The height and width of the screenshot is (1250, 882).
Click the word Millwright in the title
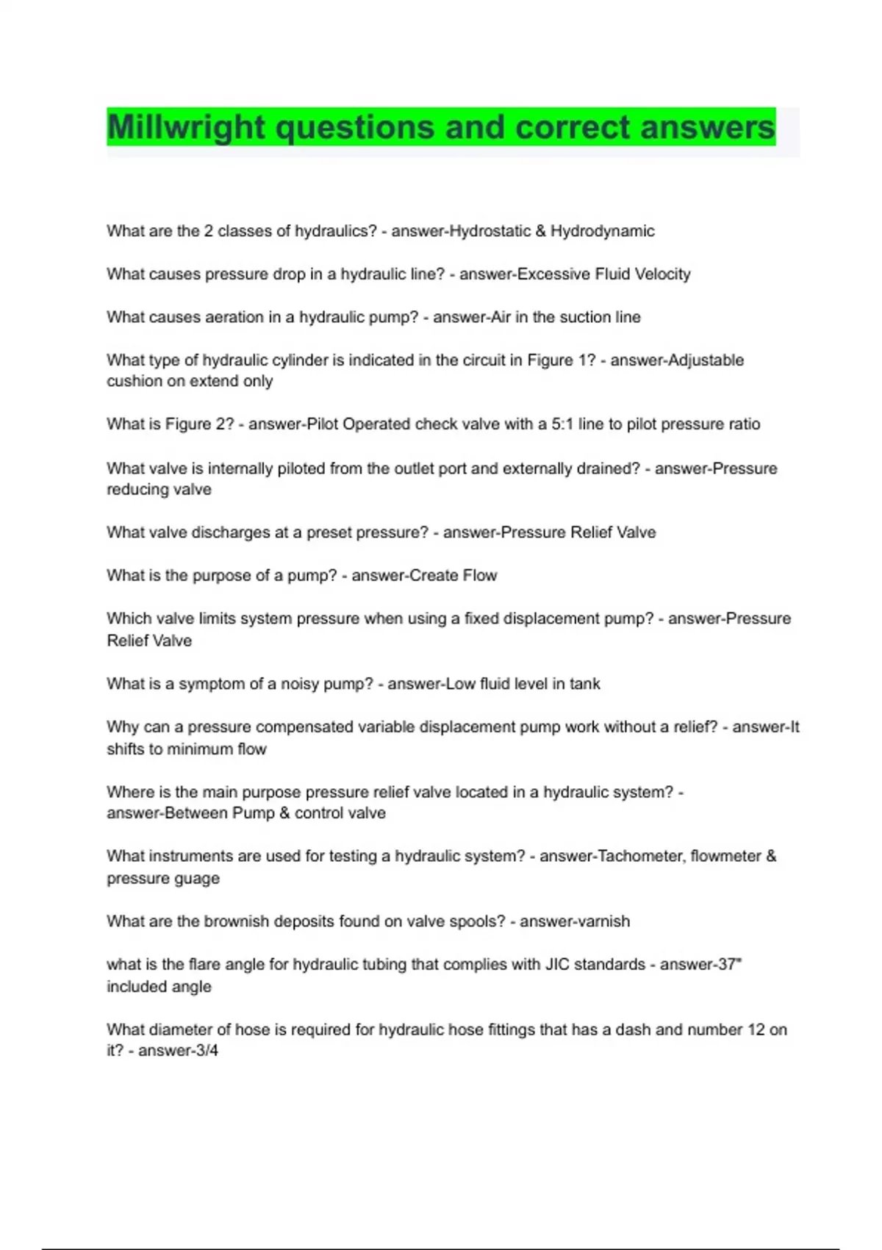pos(186,127)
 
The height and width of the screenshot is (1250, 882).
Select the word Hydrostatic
pos(490,231)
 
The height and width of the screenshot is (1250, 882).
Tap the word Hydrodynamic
pos(603,231)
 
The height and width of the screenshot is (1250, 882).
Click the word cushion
pos(134,382)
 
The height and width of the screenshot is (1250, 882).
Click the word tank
pos(585,684)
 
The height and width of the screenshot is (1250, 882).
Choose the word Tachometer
pos(639,857)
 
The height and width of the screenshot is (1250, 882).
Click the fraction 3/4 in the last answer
pos(208,1051)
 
